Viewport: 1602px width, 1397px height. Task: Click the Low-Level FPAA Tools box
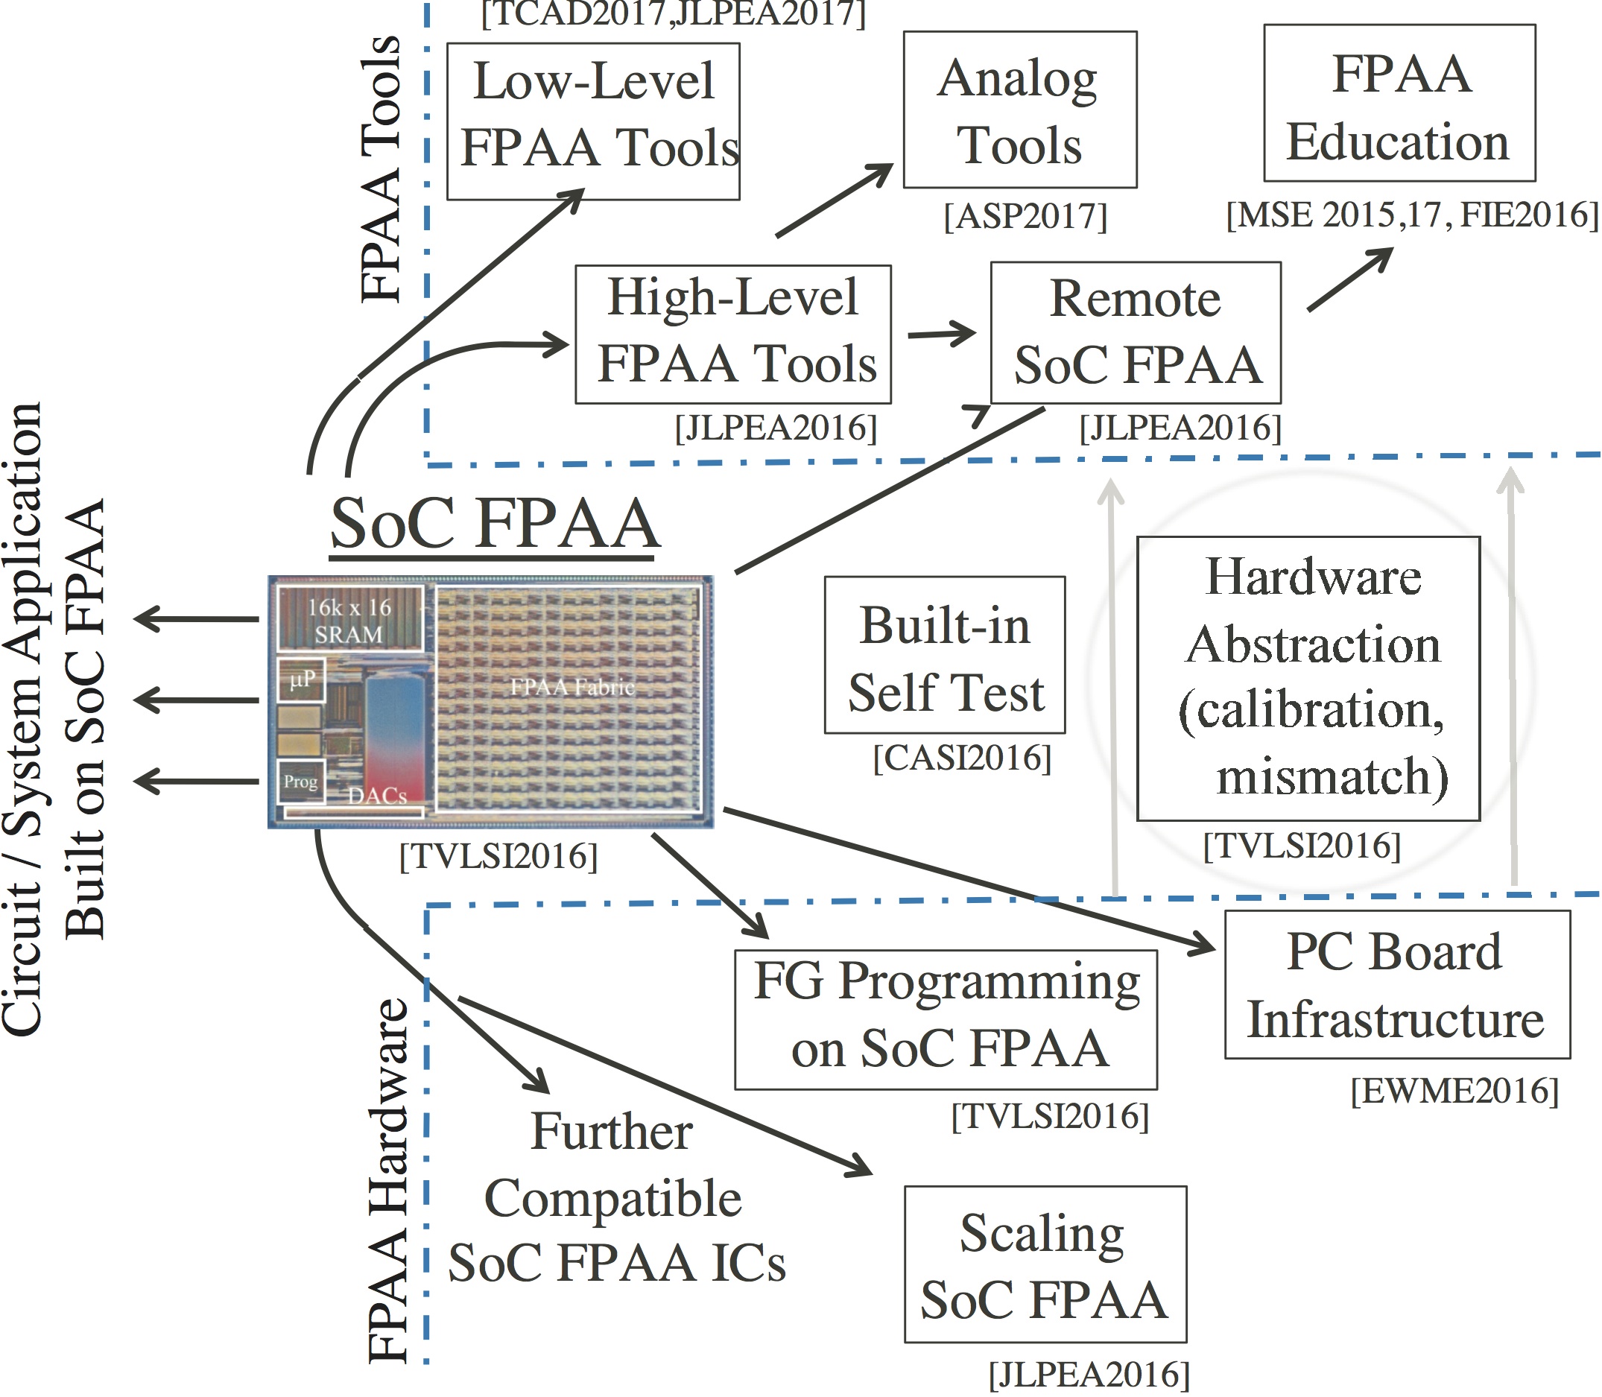click(x=593, y=121)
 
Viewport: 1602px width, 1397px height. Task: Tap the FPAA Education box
click(x=1399, y=103)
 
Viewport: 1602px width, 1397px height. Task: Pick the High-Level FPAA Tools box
click(x=732, y=335)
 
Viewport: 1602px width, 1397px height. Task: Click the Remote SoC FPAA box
click(x=1136, y=333)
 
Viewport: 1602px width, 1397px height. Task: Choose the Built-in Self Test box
click(x=945, y=655)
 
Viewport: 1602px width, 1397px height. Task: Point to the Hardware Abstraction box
click(x=1308, y=678)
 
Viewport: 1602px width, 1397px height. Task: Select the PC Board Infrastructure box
click(x=1397, y=983)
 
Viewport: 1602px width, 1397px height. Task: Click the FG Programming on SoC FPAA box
click(x=946, y=1020)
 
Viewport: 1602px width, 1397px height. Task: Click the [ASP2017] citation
click(x=1025, y=216)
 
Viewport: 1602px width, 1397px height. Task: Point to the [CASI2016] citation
click(x=962, y=758)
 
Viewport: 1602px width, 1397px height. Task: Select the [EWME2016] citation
click(x=1454, y=1091)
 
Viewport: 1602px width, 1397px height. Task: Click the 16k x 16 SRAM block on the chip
click(x=350, y=619)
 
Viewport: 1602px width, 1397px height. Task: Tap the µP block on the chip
click(x=301, y=680)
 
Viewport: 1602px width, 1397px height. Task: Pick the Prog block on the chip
click(x=301, y=781)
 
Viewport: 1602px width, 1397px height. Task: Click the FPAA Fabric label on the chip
click(x=572, y=687)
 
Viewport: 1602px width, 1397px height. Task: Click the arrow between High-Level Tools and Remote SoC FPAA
click(x=942, y=334)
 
